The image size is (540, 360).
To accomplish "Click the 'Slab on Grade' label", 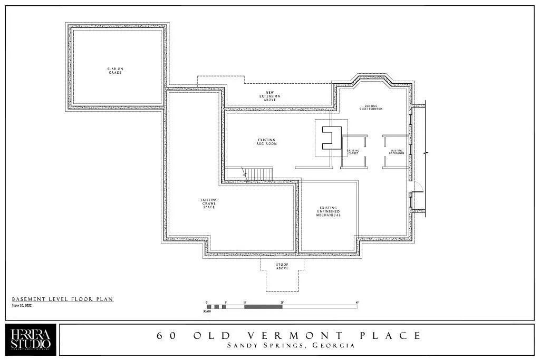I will coord(115,70).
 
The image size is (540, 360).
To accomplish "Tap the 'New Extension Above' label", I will coord(269,96).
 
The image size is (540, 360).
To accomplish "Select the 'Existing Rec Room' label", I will coord(266,142).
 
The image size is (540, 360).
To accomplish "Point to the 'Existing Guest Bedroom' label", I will coord(371,107).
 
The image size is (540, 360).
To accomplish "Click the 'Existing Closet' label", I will coord(353,152).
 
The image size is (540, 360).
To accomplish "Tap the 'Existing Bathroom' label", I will coord(397,152).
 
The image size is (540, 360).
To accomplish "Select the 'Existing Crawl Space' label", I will coord(209,203).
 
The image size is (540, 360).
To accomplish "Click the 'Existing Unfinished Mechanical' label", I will coord(329,211).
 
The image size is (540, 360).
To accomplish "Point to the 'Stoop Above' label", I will coord(282,266).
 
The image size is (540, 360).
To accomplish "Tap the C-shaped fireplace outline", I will coord(331,138).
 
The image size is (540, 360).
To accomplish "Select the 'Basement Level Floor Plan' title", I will coord(63,299).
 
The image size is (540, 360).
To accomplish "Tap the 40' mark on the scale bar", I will coord(357,302).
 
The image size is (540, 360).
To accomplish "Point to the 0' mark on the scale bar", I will coord(207,302).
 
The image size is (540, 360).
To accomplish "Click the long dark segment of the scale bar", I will coord(263,306).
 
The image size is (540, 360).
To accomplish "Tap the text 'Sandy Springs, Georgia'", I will coord(291,346).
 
